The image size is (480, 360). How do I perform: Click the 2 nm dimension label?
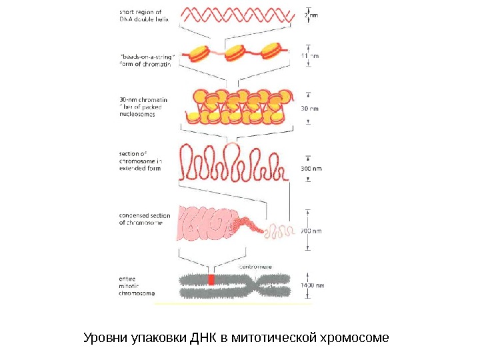click(311, 14)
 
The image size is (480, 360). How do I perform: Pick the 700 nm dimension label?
click(311, 231)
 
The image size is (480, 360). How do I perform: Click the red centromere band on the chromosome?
click(211, 279)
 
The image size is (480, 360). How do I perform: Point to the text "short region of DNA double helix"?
click(143, 15)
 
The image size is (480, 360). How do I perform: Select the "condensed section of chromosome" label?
click(145, 219)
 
